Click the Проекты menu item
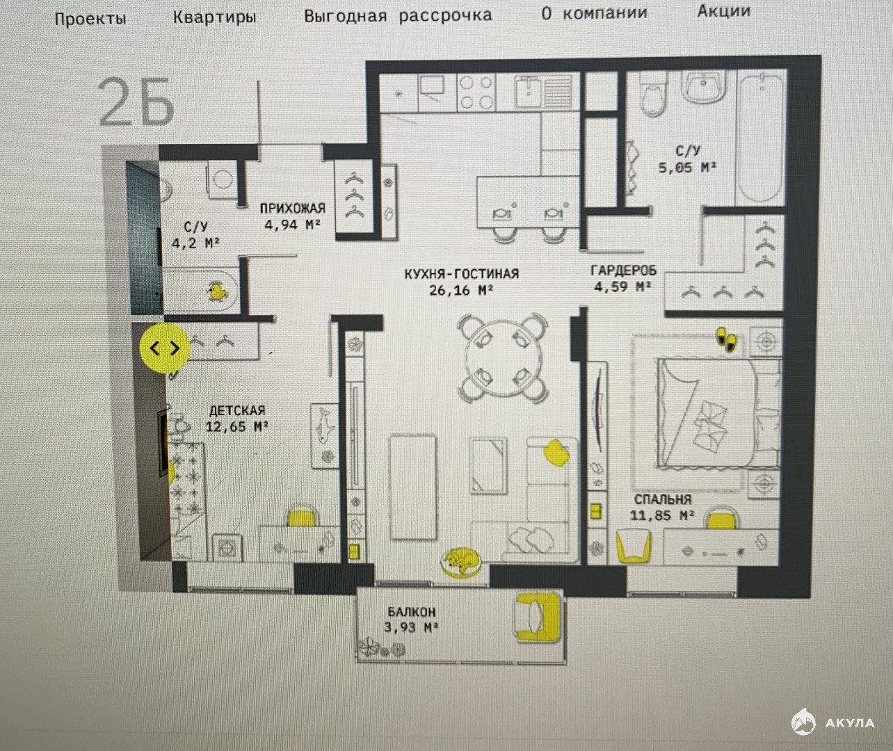(90, 19)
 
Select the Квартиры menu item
(214, 17)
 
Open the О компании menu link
(594, 14)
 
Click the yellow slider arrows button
(165, 348)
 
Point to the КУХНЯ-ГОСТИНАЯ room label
(462, 274)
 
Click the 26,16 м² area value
(461, 290)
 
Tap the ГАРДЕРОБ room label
(624, 270)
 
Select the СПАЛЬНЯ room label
(663, 499)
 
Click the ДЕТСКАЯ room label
(237, 410)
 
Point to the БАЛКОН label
(412, 612)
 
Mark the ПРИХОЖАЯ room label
(293, 209)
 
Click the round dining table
(503, 358)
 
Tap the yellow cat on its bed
(460, 562)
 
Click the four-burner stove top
(476, 92)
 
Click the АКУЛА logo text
(850, 723)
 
